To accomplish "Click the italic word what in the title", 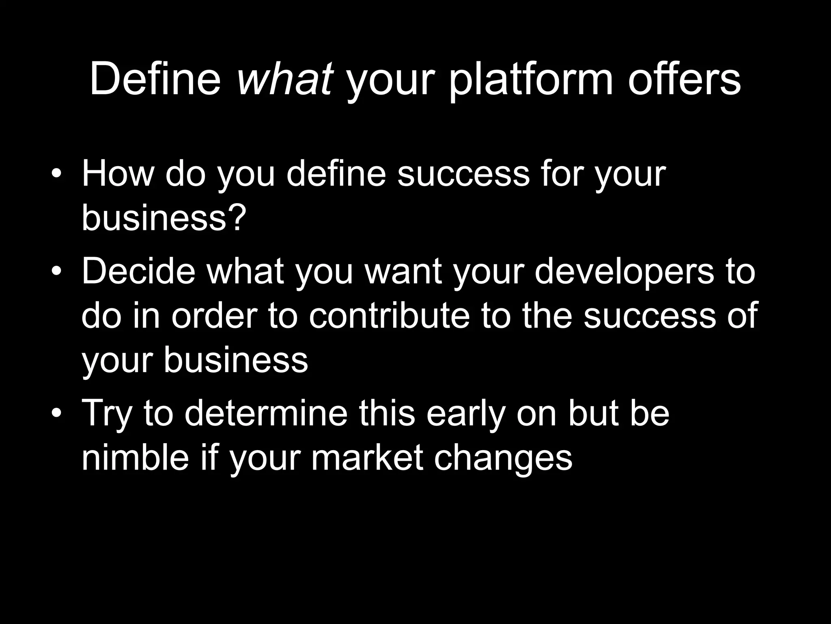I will (285, 79).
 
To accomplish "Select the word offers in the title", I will (685, 79).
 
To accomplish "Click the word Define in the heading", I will (155, 79).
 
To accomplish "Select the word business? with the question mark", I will (164, 218).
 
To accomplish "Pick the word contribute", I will (389, 315).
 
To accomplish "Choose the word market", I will (367, 457).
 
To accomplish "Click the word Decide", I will (139, 271).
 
